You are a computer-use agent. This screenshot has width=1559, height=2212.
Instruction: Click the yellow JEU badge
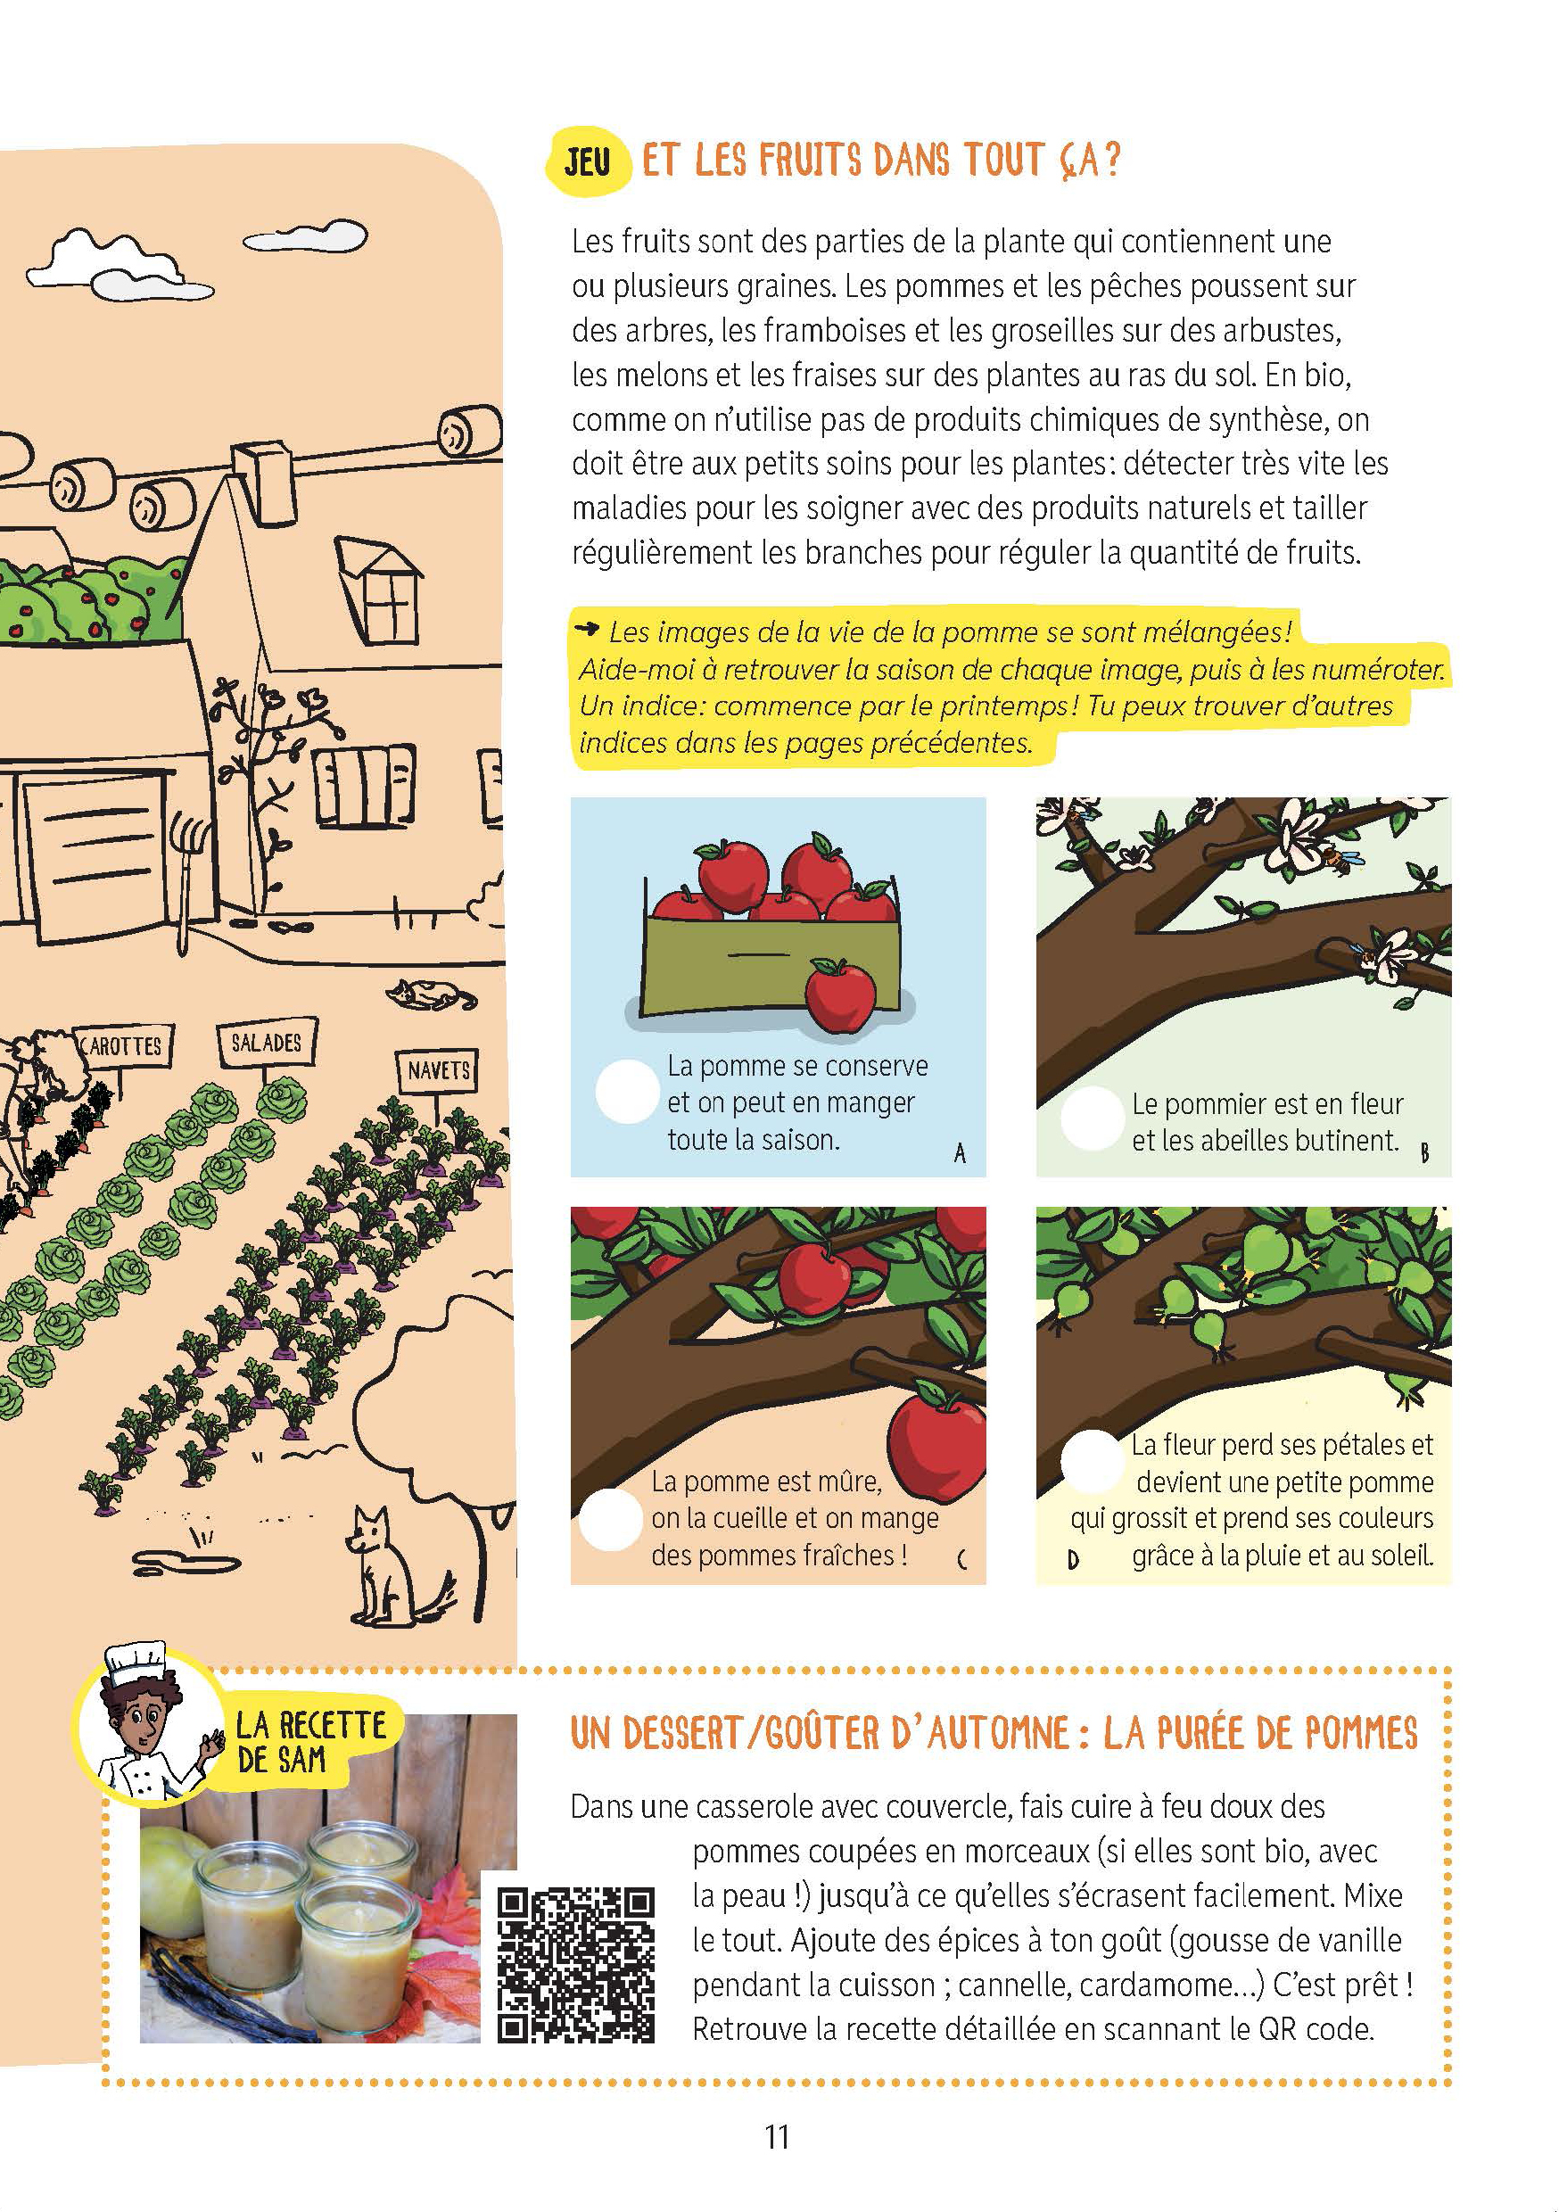(x=588, y=161)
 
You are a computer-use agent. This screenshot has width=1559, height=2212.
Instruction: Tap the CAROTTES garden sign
(x=124, y=1046)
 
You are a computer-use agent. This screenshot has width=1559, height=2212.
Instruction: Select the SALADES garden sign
(x=267, y=1043)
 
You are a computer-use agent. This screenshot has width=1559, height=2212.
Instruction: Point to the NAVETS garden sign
(x=439, y=1070)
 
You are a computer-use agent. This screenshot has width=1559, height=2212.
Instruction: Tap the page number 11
(x=777, y=2137)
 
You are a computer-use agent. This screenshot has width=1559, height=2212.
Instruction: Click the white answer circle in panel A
(x=627, y=1092)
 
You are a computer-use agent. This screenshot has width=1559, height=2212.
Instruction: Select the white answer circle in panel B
(x=1092, y=1118)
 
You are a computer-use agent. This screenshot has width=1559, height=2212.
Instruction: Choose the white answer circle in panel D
(x=1092, y=1460)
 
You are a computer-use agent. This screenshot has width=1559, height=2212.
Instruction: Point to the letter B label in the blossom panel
(x=1424, y=1152)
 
